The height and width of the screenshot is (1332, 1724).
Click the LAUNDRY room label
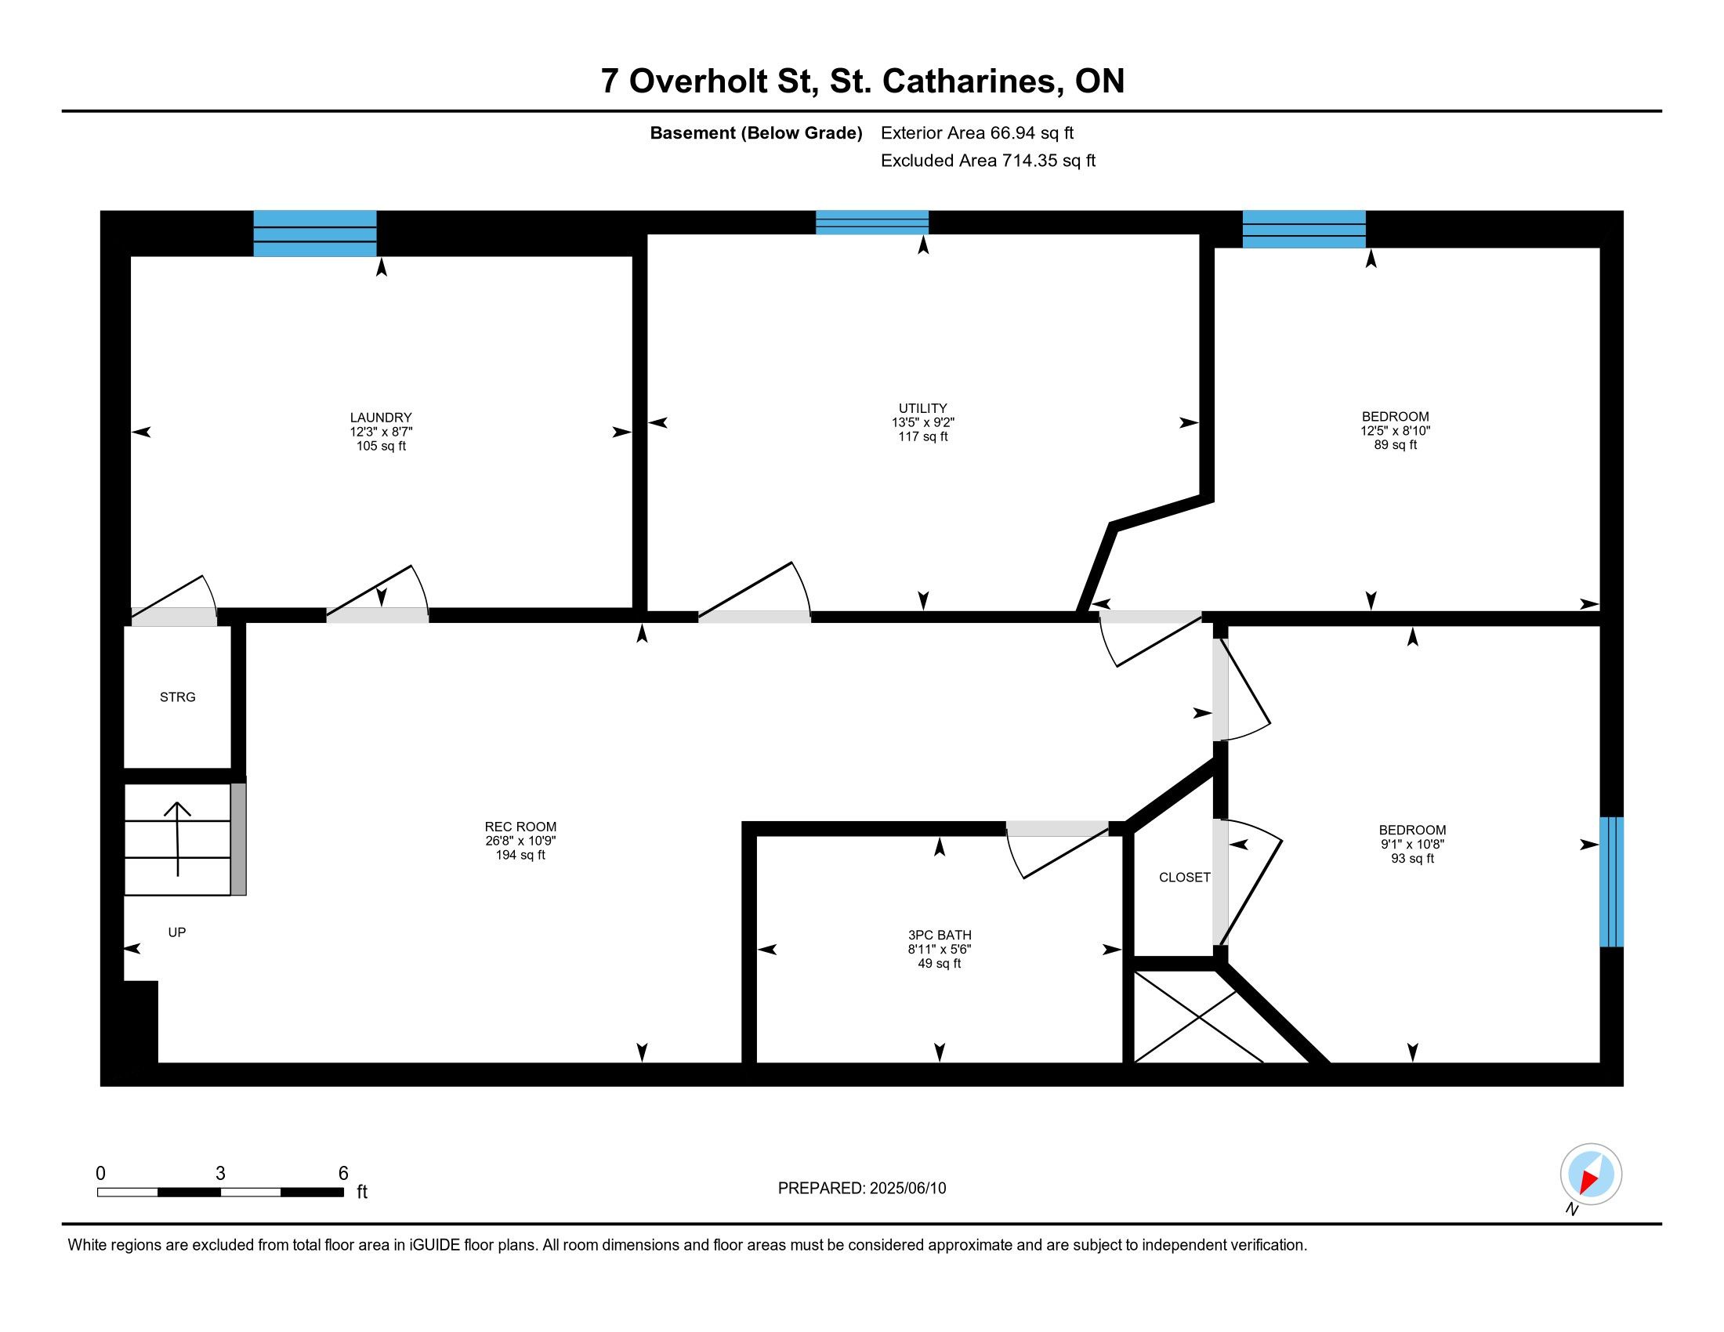[381, 418]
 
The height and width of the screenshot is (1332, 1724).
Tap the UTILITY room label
[923, 408]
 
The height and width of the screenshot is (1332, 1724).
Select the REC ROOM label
[520, 827]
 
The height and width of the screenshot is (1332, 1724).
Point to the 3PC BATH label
[940, 935]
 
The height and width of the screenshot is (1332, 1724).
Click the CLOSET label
[1184, 878]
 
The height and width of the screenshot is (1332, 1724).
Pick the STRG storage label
[178, 697]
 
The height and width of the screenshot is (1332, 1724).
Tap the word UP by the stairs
[177, 932]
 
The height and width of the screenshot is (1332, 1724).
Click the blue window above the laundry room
[315, 233]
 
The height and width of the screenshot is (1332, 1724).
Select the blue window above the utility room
[872, 223]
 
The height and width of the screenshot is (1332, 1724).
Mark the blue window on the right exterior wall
[1611, 881]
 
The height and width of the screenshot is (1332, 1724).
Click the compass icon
[1591, 1174]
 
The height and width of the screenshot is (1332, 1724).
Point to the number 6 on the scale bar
[343, 1174]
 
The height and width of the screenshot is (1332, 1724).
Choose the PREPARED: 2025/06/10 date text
[862, 1189]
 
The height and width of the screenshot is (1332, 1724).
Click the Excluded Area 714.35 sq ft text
[987, 161]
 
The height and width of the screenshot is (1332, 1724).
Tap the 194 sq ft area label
[520, 856]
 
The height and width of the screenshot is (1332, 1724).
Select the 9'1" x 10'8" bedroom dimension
[1412, 845]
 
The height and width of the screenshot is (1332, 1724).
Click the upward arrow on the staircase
[178, 839]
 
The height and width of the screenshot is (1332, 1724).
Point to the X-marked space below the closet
[1198, 1016]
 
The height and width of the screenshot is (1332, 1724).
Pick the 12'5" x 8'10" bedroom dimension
[1395, 431]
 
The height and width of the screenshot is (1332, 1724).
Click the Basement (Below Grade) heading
[755, 133]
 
